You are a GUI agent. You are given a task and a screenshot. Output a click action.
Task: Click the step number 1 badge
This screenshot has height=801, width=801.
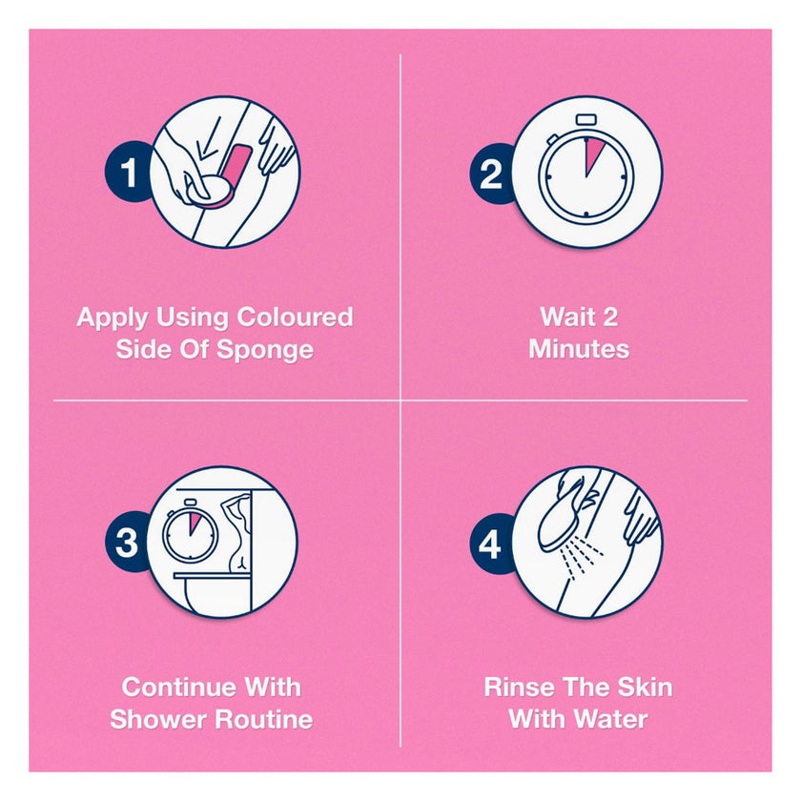tap(128, 173)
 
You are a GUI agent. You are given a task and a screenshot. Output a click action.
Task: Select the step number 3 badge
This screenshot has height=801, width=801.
tap(128, 543)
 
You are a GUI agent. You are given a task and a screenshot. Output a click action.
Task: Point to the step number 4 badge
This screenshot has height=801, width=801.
tap(491, 544)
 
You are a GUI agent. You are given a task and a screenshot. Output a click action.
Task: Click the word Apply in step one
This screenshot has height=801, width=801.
tap(113, 318)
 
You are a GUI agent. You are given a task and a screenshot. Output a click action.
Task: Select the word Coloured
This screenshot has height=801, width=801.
tap(295, 317)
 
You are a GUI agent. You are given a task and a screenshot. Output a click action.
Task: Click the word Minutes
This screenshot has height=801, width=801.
tap(579, 349)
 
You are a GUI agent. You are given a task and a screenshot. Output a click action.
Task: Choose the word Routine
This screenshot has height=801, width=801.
tap(263, 719)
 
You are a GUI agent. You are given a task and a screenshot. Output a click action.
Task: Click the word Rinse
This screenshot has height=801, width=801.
tap(514, 688)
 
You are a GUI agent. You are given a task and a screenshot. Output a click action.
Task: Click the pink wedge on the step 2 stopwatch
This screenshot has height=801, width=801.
tap(592, 154)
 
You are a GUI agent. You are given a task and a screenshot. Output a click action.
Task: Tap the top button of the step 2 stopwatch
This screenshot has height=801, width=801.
tap(586, 120)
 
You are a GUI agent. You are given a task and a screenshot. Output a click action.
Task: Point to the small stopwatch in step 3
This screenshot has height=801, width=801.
tap(190, 531)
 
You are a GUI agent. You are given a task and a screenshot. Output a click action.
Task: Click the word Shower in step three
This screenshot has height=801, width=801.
tap(158, 719)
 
